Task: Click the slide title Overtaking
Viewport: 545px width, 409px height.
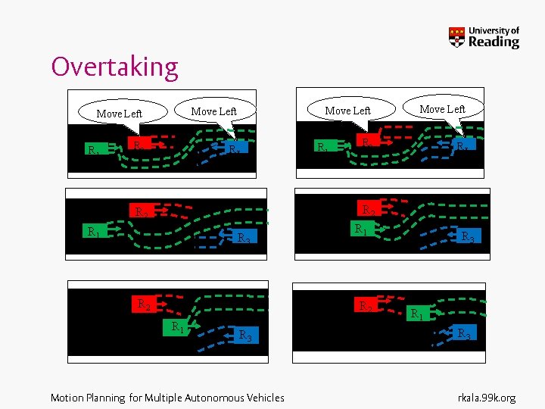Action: click(x=114, y=67)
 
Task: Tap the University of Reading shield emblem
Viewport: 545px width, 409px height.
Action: click(x=456, y=37)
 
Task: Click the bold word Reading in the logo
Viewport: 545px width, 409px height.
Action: click(x=494, y=42)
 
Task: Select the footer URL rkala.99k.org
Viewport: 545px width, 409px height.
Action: click(x=487, y=397)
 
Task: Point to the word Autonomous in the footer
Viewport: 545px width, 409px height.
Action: click(x=210, y=397)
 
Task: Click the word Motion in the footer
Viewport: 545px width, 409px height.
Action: click(x=67, y=397)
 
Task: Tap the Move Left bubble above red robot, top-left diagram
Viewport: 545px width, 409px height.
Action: click(x=120, y=114)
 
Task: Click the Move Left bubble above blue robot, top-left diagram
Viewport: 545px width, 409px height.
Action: click(x=214, y=111)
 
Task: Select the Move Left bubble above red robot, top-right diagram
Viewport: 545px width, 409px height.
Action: click(x=347, y=111)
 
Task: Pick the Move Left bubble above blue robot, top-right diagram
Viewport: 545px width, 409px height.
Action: click(x=443, y=109)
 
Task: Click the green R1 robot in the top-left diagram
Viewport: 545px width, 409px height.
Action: click(x=94, y=149)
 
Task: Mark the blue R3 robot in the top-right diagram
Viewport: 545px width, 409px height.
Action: click(x=461, y=143)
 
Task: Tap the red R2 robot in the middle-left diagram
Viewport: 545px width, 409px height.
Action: click(x=140, y=211)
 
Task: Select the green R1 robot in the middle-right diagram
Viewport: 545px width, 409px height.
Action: click(x=363, y=228)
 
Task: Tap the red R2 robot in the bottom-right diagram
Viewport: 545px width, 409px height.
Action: click(x=367, y=306)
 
